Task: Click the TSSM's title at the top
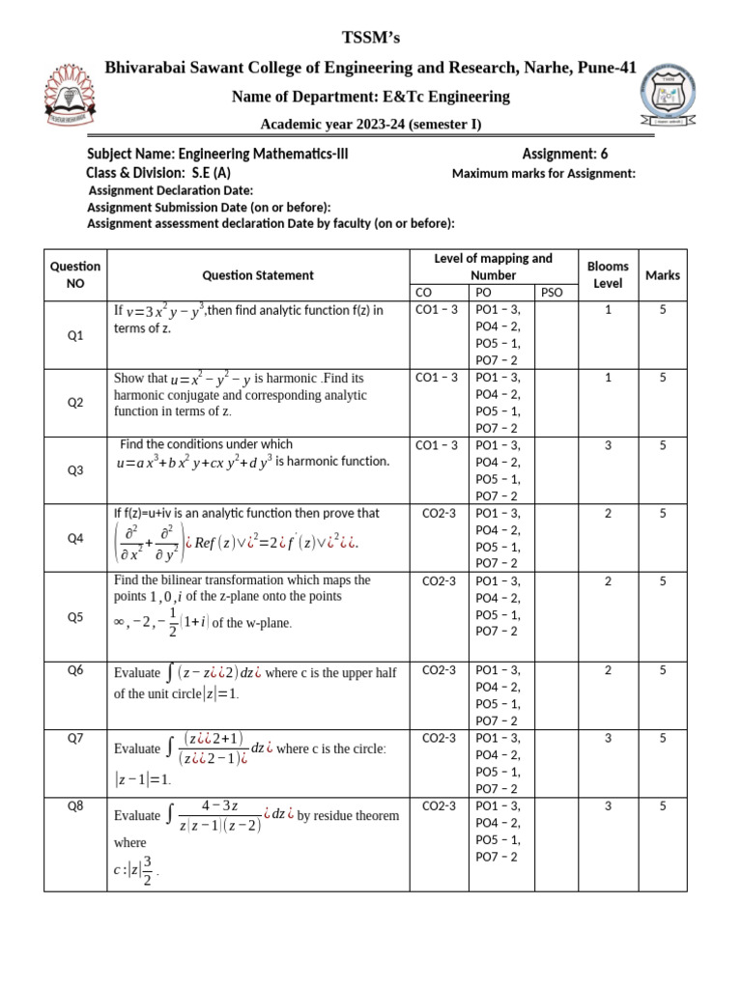click(x=371, y=38)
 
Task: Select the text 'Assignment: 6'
click(x=565, y=155)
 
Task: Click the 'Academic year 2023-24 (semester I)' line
click(x=371, y=125)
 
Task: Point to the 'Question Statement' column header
click(x=258, y=275)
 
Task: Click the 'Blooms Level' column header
click(x=608, y=275)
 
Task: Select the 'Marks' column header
click(x=663, y=275)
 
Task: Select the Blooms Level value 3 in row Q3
click(x=608, y=445)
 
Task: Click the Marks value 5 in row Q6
click(x=663, y=669)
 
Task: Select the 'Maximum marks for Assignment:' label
click(x=544, y=174)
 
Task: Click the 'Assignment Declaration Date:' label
click(x=170, y=190)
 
